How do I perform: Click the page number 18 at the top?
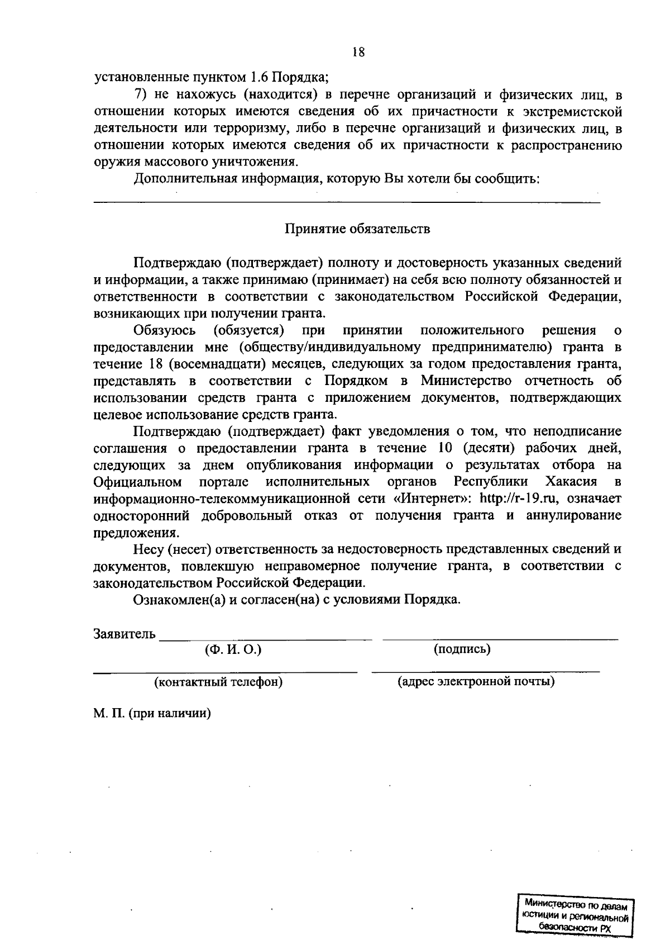coord(358,53)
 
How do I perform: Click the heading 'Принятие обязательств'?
coord(358,229)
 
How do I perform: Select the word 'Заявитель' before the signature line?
coord(125,634)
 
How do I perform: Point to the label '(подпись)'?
coord(462,649)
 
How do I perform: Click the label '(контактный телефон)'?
coord(218,682)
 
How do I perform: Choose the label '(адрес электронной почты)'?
coord(476,682)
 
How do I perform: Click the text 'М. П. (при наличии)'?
coord(152,714)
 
